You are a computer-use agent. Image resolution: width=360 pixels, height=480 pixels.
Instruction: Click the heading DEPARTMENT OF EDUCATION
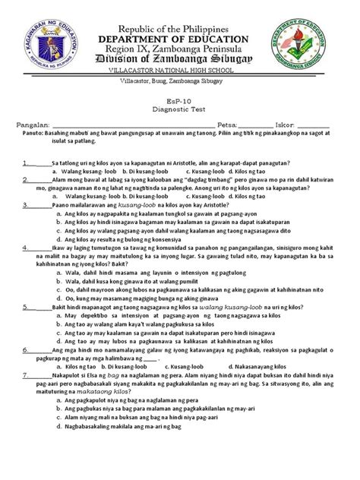coord(180,39)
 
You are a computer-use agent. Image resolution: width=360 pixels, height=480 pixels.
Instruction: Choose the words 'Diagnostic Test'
coord(180,111)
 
